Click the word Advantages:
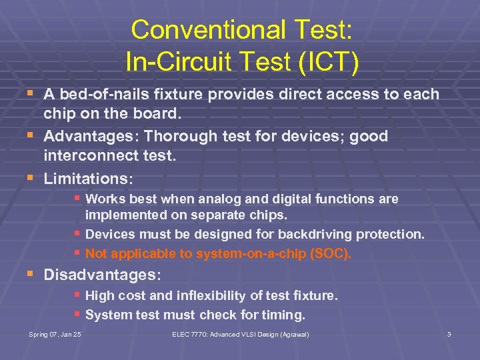[x=91, y=136]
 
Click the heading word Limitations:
[x=89, y=179]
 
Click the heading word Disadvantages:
[x=102, y=274]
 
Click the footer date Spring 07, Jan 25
[x=55, y=334]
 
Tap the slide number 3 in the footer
[x=449, y=334]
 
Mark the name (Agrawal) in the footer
[x=293, y=334]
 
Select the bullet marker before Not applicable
[x=79, y=253]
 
